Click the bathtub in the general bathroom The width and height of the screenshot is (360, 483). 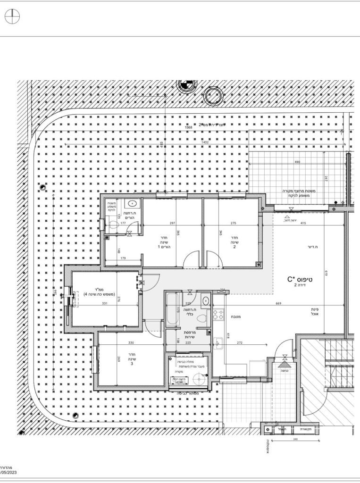pyautogui.click(x=171, y=309)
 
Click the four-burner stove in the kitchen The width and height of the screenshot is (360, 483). pyautogui.click(x=218, y=313)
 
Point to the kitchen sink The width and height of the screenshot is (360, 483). pyautogui.click(x=218, y=342)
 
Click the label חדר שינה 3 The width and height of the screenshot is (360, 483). pyautogui.click(x=133, y=360)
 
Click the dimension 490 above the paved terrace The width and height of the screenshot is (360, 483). pyautogui.click(x=297, y=162)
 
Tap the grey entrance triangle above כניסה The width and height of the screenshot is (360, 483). pyautogui.click(x=284, y=364)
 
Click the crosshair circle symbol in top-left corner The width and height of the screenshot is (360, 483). pyautogui.click(x=12, y=17)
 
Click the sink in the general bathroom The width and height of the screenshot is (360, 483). pyautogui.click(x=205, y=300)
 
